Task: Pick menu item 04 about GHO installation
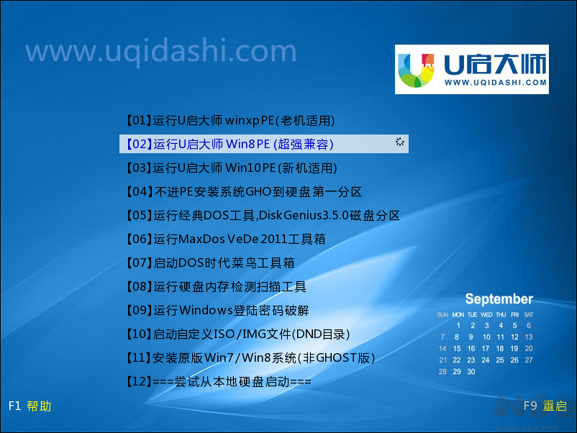coord(243,191)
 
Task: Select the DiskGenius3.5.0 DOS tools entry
coord(263,215)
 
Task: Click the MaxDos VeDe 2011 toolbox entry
coord(225,239)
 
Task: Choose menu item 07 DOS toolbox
coord(209,263)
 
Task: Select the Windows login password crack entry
coord(217,310)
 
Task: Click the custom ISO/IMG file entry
coord(237,334)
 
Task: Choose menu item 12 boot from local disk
coord(218,381)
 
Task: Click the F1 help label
coord(29,406)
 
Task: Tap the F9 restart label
coord(545,406)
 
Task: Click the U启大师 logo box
coord(471,69)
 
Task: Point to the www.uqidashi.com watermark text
coord(160,51)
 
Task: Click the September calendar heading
coord(499,299)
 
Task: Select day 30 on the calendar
coord(471,372)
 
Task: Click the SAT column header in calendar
coord(529,315)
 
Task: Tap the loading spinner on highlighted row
coord(400,142)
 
